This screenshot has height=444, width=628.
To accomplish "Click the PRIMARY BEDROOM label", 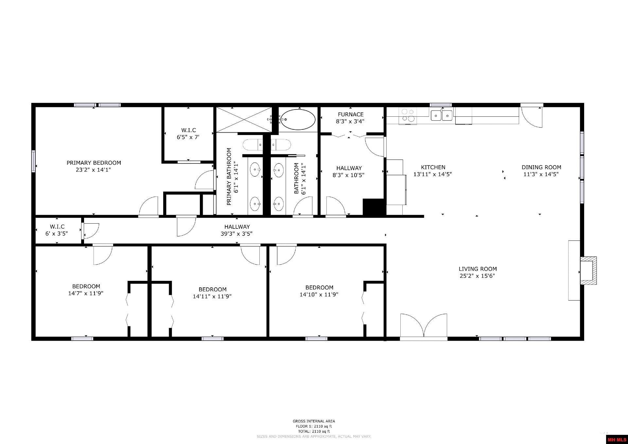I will click(94, 163).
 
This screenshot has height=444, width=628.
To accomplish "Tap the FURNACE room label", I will click(350, 114).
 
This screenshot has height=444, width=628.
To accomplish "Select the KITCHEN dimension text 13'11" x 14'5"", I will click(432, 175).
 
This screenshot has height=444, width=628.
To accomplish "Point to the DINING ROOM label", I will click(541, 167).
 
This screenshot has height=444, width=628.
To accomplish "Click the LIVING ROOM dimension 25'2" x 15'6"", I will click(477, 276).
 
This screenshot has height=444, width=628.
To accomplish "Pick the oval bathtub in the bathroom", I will click(298, 119).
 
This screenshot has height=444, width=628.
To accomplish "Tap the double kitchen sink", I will click(442, 115).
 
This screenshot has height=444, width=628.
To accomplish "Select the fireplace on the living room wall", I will click(588, 271).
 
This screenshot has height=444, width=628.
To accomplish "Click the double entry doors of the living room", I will click(424, 326).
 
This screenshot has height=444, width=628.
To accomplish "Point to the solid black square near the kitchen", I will click(373, 207).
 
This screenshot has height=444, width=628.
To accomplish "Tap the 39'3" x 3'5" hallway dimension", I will click(236, 234).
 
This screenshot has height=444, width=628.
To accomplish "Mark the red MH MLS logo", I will click(617, 439).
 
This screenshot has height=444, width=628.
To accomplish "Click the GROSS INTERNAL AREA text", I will click(314, 421).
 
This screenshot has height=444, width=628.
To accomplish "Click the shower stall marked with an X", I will click(244, 120).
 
